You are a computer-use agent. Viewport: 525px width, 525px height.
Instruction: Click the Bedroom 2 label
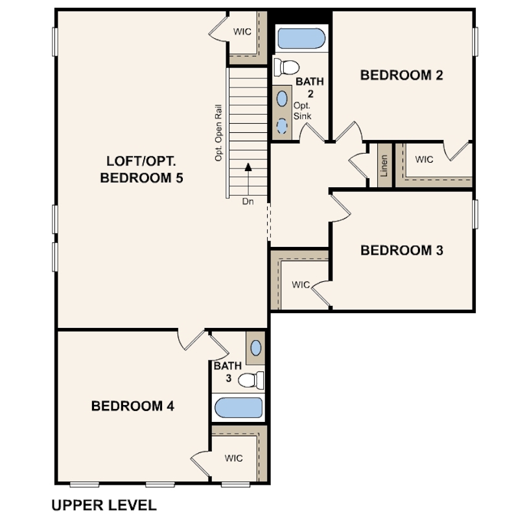401,75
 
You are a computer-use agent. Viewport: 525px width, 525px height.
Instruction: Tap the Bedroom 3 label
402,250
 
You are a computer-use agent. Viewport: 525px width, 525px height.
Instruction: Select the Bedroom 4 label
133,406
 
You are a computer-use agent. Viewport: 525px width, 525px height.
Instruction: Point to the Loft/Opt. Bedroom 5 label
142,169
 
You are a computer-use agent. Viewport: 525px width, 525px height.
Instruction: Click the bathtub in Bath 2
301,38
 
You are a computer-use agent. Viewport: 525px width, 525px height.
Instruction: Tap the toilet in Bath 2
286,67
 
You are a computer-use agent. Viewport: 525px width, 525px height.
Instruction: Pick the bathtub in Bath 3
239,408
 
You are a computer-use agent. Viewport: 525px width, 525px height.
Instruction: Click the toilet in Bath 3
251,380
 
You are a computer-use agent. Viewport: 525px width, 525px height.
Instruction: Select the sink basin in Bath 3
256,348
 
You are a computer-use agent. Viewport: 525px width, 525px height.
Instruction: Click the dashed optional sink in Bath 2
282,126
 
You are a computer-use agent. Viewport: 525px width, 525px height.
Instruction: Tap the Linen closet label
384,165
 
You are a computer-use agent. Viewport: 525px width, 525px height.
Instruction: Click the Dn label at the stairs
248,202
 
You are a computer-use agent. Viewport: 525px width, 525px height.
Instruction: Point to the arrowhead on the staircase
248,167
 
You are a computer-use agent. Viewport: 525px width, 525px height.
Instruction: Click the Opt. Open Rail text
218,133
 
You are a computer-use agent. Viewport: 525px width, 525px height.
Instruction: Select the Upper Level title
104,506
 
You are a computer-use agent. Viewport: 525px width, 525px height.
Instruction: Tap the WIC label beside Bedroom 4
234,458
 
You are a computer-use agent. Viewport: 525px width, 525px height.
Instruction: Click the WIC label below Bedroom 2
425,159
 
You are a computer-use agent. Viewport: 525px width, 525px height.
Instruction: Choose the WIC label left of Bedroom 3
301,285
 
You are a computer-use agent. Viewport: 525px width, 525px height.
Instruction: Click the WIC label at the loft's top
242,32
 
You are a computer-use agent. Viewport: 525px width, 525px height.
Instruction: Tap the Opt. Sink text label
302,111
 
